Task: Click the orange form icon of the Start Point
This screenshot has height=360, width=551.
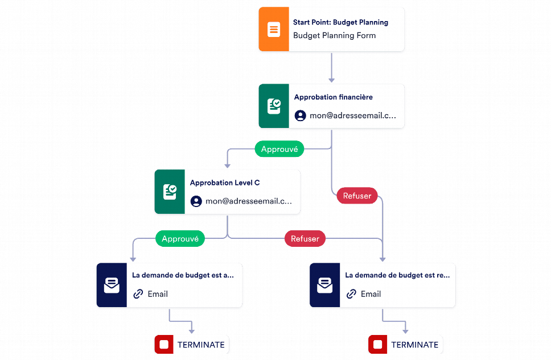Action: pyautogui.click(x=274, y=29)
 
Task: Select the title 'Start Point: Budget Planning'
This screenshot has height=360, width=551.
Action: pyautogui.click(x=340, y=23)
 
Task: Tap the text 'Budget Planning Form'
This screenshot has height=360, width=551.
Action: pyautogui.click(x=334, y=35)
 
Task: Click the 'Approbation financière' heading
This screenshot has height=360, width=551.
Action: pyautogui.click(x=333, y=97)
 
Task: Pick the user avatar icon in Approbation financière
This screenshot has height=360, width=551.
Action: pyautogui.click(x=300, y=115)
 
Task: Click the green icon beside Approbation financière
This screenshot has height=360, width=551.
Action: pyautogui.click(x=274, y=106)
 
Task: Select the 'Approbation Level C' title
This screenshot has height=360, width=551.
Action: pyautogui.click(x=224, y=183)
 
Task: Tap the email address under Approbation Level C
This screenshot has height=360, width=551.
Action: pyautogui.click(x=248, y=201)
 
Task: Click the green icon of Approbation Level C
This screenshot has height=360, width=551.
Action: pyautogui.click(x=170, y=192)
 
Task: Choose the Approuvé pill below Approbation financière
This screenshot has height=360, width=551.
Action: pyautogui.click(x=279, y=149)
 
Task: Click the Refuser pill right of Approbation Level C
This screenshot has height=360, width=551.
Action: pyautogui.click(x=357, y=196)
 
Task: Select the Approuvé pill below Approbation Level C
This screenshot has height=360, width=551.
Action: pyautogui.click(x=180, y=239)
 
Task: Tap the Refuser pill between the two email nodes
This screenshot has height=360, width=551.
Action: pyautogui.click(x=305, y=239)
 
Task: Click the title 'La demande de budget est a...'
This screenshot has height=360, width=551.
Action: pyautogui.click(x=183, y=275)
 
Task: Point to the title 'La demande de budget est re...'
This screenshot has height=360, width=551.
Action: pyautogui.click(x=397, y=275)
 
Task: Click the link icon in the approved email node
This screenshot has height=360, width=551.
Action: pyautogui.click(x=138, y=294)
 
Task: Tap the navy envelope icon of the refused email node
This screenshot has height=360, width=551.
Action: pyautogui.click(x=324, y=285)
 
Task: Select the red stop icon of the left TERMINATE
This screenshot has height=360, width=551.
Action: pyautogui.click(x=164, y=345)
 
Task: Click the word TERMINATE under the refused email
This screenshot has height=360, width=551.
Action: pyautogui.click(x=414, y=345)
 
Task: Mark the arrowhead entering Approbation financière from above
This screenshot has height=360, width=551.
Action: pyautogui.click(x=331, y=80)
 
